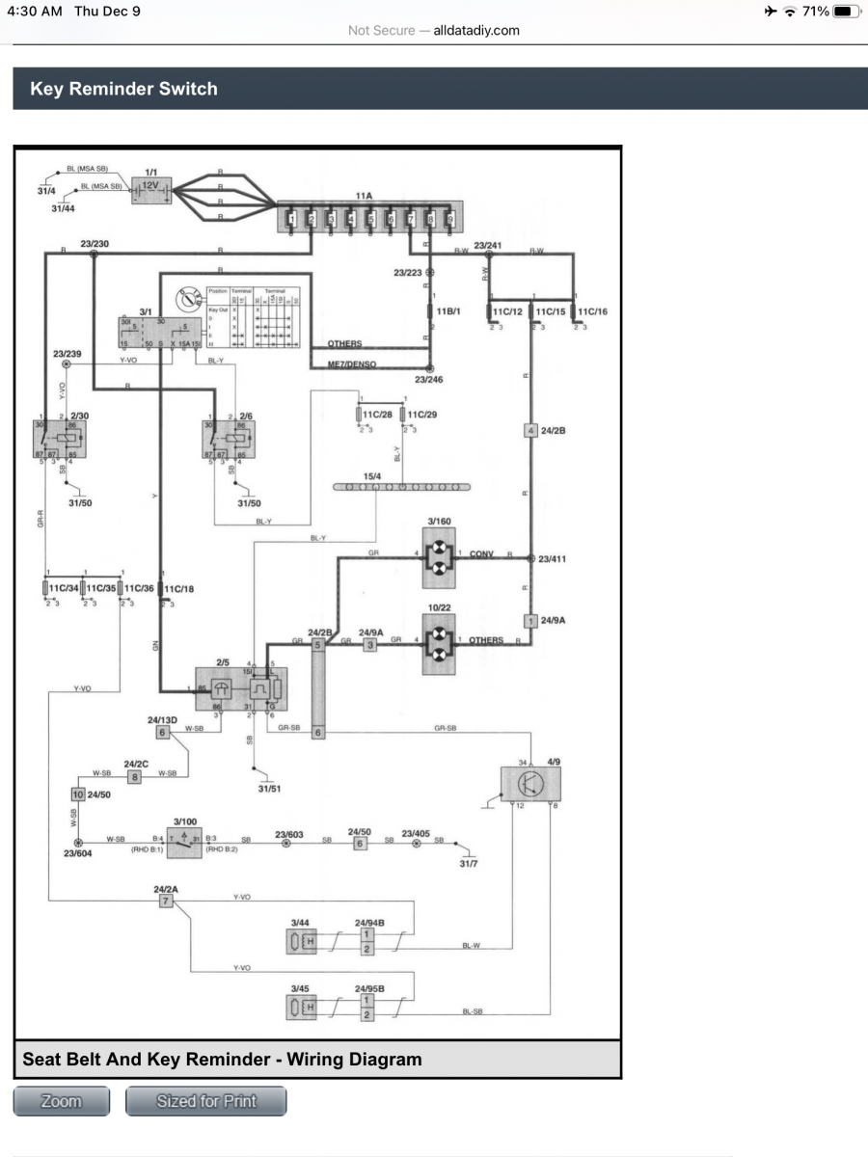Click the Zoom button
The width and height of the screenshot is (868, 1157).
pyautogui.click(x=62, y=1101)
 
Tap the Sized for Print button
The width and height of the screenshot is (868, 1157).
pyautogui.click(x=206, y=1101)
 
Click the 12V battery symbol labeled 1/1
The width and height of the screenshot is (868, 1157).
pyautogui.click(x=151, y=190)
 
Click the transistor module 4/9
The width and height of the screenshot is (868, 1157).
pyautogui.click(x=530, y=783)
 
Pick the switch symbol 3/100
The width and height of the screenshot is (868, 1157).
pyautogui.click(x=183, y=841)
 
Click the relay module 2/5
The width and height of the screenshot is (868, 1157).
pyautogui.click(x=238, y=688)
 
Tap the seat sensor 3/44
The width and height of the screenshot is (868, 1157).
pyautogui.click(x=302, y=941)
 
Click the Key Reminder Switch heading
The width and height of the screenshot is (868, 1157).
pyautogui.click(x=124, y=89)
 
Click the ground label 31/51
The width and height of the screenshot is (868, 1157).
pyautogui.click(x=269, y=789)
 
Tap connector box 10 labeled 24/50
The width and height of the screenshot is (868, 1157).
pyautogui.click(x=78, y=795)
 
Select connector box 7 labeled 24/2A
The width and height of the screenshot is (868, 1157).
pyautogui.click(x=166, y=901)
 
